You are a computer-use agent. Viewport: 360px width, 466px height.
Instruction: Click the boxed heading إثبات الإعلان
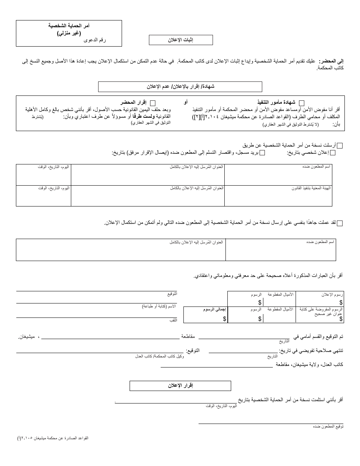coord(181,40)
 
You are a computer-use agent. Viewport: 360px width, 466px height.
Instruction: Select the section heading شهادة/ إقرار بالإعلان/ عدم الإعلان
coord(180,87)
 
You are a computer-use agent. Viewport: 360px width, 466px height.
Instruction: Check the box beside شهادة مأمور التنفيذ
coord(302,103)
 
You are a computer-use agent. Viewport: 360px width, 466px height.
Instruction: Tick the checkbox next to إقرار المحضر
coord(153,103)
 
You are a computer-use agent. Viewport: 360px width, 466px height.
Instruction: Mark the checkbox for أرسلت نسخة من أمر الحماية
coord(340,145)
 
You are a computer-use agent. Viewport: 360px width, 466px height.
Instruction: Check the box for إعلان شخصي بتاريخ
coord(333,153)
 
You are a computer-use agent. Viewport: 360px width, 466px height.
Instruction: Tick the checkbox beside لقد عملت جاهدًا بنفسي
coord(340,224)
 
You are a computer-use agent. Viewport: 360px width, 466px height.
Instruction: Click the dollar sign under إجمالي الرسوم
coord(225,319)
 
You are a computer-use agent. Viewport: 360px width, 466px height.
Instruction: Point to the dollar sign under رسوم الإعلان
coord(341,302)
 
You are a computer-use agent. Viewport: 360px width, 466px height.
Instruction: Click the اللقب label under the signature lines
coord(173,321)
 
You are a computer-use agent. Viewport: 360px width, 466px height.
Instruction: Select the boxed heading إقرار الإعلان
coord(180,386)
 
